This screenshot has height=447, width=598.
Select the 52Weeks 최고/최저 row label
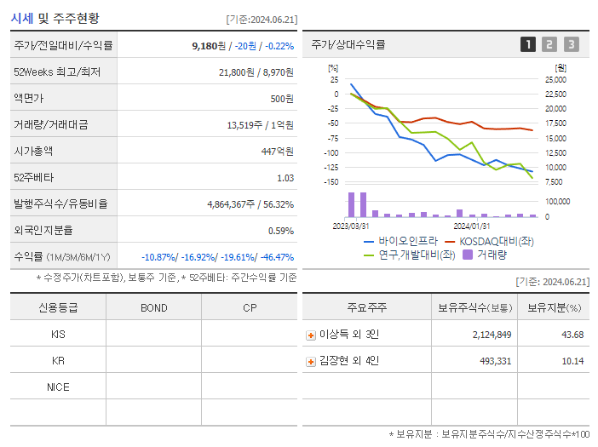click(57, 72)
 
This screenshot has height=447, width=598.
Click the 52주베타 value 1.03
click(285, 178)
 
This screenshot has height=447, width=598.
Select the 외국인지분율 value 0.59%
click(280, 231)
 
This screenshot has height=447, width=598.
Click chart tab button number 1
click(528, 45)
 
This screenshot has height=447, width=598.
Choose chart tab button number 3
click(571, 45)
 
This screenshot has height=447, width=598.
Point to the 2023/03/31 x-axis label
click(350, 226)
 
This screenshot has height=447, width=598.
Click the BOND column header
click(153, 307)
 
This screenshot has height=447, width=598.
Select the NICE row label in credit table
click(58, 387)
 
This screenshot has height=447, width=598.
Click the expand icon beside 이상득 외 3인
click(311, 335)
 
